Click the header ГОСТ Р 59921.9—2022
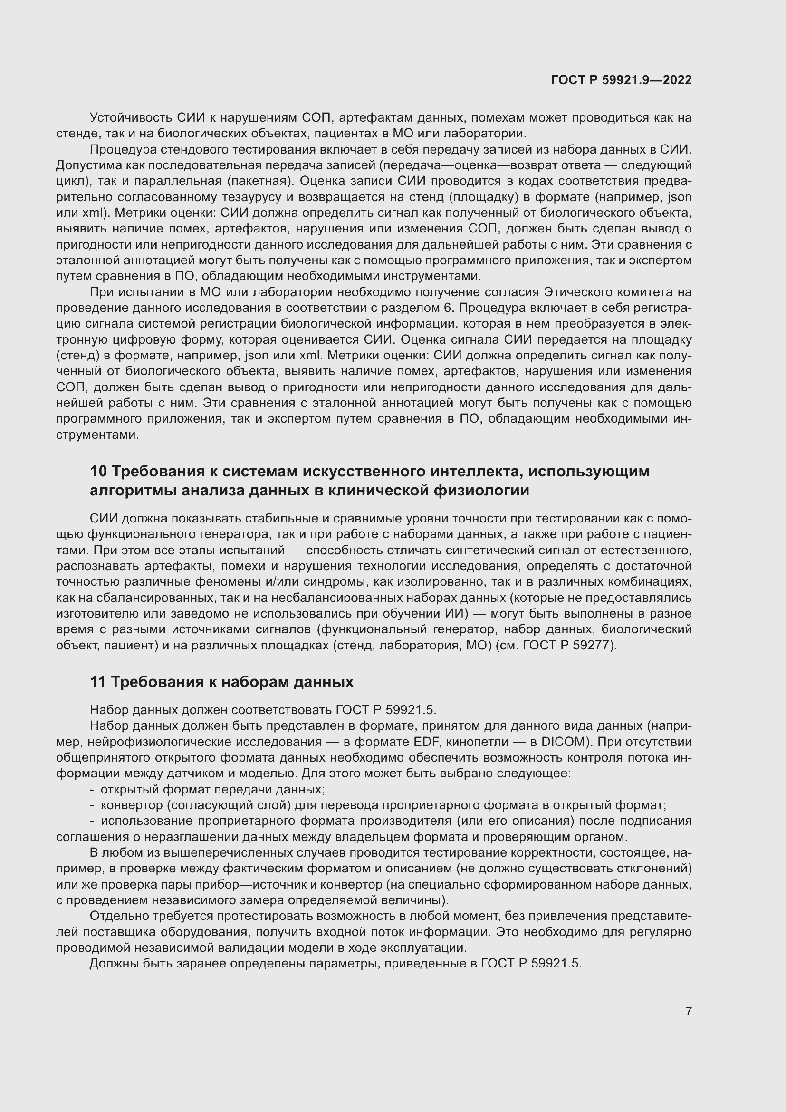coord(621,80)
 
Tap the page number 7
coord(688,1011)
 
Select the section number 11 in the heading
coord(97,682)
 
